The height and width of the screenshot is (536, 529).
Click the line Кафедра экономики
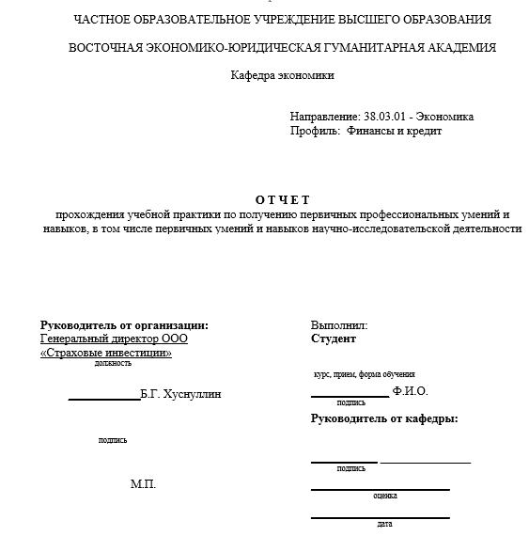pos(282,75)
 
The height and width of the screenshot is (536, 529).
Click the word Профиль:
pos(315,131)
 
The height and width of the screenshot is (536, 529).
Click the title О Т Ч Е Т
pos(282,199)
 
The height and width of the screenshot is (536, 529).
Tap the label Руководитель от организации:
pos(124,325)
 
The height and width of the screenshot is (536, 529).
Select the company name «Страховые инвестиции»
pos(106,353)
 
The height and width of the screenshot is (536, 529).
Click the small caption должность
pos(113,364)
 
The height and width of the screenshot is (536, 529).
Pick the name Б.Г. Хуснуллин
pos(180,394)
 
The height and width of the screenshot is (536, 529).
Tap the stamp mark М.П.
pos(143,484)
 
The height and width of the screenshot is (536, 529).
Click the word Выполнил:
pos(339,325)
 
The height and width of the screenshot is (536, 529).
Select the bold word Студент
pos(334,339)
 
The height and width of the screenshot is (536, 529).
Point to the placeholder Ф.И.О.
pos(410,391)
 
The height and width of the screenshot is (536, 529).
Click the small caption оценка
pos(384,496)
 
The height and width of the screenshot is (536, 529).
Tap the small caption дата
pos(384,524)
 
